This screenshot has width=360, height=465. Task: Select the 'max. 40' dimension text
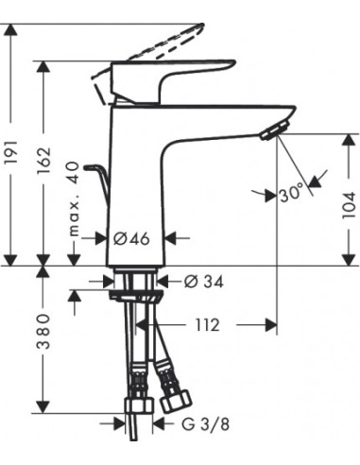point(74,198)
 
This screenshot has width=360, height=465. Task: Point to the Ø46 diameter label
point(131,238)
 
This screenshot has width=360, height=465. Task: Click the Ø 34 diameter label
point(204,281)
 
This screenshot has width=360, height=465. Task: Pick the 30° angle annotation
point(290,194)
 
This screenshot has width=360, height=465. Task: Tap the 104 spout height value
point(349,205)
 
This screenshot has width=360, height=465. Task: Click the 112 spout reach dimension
point(206,324)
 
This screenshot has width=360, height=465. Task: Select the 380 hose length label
point(43,331)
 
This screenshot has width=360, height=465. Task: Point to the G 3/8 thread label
point(205,424)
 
